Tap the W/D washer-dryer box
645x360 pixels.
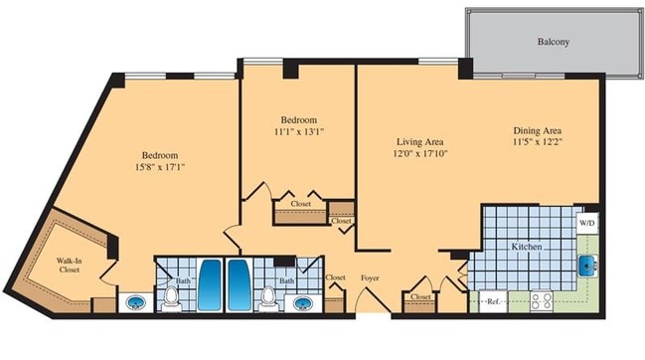pos(588,224)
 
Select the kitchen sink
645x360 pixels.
pos(588,265)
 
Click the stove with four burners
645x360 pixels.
pos(543,299)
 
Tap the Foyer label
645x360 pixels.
pos(371,278)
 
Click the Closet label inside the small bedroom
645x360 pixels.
pos(300,204)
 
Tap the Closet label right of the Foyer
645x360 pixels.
pos(420,296)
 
